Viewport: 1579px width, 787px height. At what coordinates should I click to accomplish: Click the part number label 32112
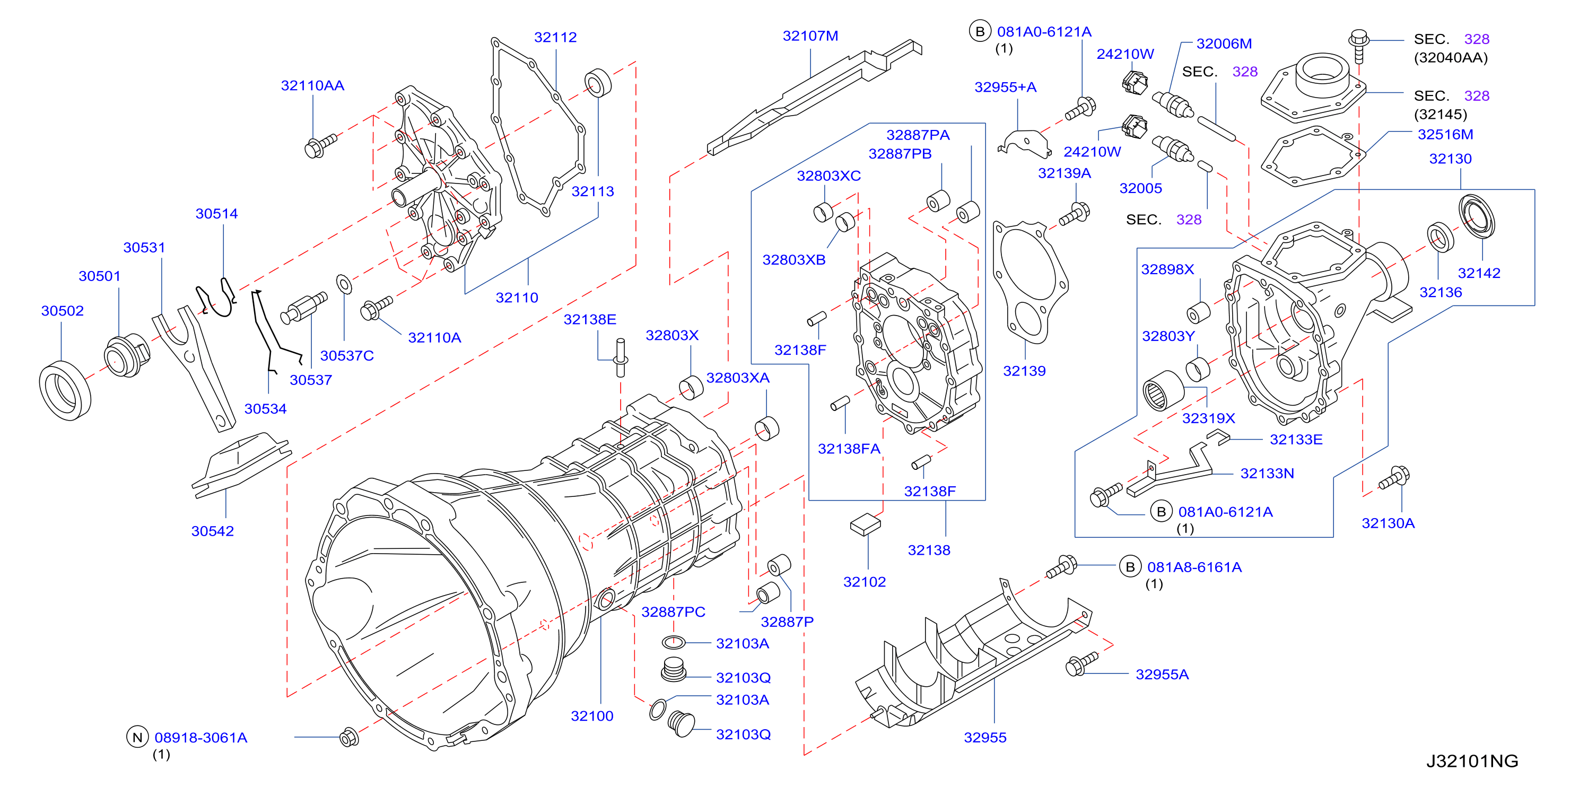pos(555,38)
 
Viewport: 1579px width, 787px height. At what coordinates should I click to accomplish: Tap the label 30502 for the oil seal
pos(63,311)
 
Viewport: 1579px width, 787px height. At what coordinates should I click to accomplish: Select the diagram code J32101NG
pos(1472,760)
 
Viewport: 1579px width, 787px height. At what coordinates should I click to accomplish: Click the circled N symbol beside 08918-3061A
pos(137,737)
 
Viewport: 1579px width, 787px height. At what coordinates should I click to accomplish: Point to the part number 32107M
pos(810,36)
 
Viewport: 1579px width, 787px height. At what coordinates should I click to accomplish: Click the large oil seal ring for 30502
pos(65,390)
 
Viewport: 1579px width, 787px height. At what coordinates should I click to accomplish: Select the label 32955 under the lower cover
pos(985,737)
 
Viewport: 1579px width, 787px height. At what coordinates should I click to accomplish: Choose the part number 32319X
pos(1208,418)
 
